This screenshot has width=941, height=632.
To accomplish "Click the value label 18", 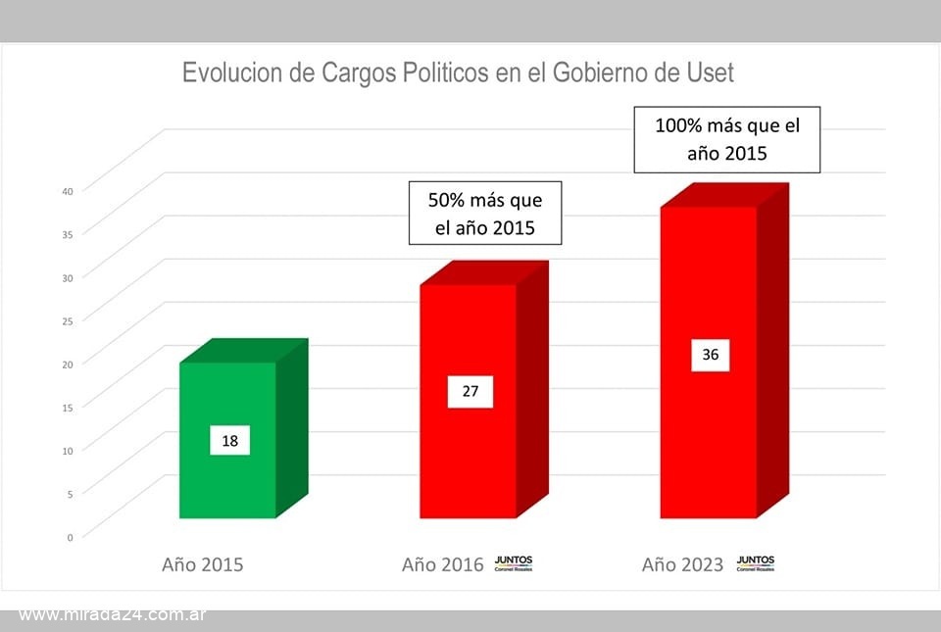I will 230,441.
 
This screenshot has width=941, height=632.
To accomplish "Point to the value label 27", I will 470,392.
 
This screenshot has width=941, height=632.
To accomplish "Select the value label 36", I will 711,355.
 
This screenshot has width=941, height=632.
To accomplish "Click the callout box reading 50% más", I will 484,213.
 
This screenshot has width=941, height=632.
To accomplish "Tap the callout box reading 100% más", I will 726,140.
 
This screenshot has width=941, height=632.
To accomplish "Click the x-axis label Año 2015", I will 202,564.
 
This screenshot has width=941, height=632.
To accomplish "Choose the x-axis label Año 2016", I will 443,564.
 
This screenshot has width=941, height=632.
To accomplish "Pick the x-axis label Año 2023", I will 683,564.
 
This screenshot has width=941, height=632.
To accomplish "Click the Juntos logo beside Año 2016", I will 514,562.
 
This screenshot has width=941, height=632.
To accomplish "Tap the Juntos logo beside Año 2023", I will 755,562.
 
